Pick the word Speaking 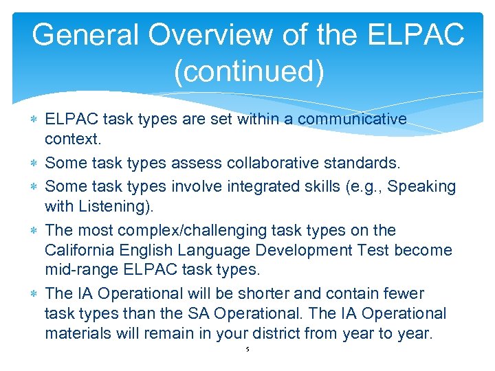point(421,186)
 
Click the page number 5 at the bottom point(247,350)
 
